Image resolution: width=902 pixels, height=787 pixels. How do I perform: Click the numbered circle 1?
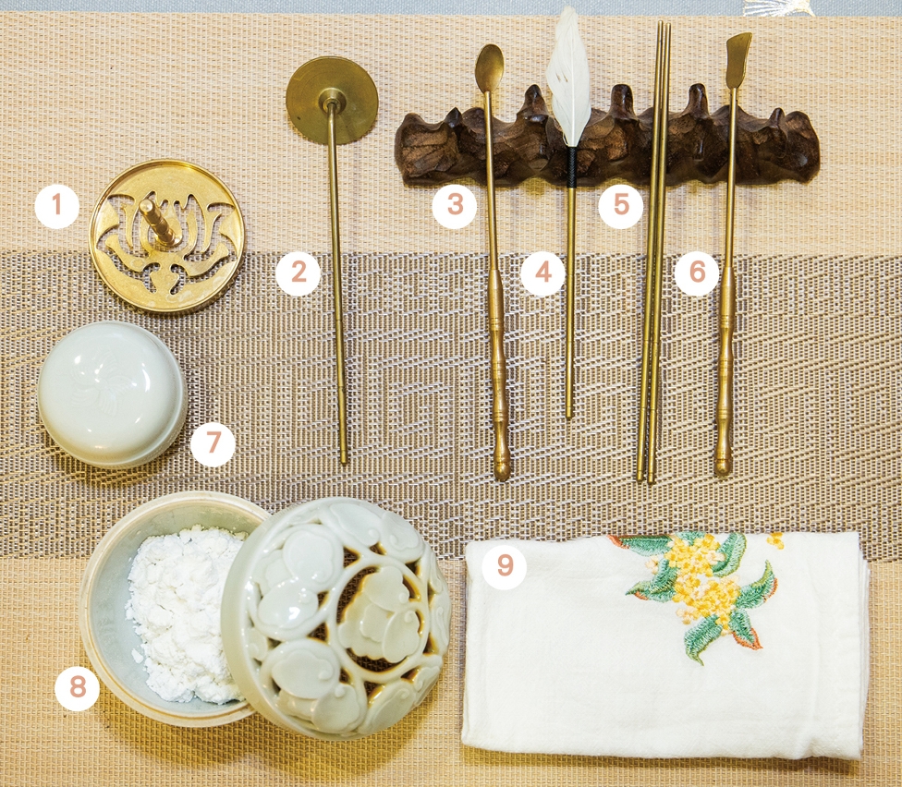coord(56,205)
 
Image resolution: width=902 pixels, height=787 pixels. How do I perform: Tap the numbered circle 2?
coord(298,273)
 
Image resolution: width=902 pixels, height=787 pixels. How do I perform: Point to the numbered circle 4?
coord(543,273)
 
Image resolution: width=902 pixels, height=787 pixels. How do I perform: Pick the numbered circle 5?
coord(621,205)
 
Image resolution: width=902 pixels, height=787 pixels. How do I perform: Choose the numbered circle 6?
coord(697,273)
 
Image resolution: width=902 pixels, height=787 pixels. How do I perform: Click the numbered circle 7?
coord(213,443)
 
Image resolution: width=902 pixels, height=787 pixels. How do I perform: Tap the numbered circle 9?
coord(505,566)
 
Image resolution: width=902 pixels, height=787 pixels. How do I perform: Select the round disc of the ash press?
coord(332,100)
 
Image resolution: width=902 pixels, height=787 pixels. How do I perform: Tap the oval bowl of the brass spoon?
coord(490,67)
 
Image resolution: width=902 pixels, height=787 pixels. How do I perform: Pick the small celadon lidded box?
coord(113,393)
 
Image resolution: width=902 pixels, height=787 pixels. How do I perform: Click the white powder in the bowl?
coord(181,614)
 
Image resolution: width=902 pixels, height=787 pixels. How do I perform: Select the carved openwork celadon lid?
coord(336,618)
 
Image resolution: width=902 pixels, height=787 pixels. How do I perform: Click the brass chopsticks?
coord(652,252)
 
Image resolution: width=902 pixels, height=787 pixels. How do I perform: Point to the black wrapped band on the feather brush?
coord(572,167)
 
